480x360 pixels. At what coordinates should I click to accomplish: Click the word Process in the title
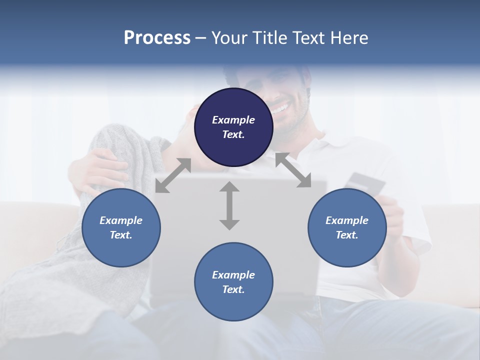(x=157, y=38)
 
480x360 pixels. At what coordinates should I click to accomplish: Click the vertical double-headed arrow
(x=229, y=205)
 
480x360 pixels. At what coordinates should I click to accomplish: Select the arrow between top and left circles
(x=173, y=175)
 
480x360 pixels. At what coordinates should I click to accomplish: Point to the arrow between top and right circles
(x=293, y=170)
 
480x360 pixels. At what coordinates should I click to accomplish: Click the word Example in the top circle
(x=233, y=120)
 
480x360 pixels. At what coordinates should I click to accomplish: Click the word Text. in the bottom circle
(x=233, y=289)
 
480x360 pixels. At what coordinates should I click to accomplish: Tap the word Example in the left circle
(x=121, y=220)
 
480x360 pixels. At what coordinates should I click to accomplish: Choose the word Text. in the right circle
(x=347, y=235)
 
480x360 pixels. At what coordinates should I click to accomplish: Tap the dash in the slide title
(x=201, y=38)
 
